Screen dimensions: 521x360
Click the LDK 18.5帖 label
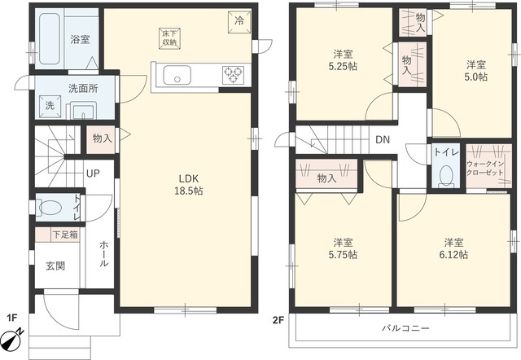189,185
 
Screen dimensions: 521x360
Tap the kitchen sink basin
177,75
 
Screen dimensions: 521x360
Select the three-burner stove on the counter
233,75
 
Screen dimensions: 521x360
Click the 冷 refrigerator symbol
239,22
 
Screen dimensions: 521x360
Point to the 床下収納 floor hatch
169,38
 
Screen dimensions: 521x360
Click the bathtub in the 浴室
50,38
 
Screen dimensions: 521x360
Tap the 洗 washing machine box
50,107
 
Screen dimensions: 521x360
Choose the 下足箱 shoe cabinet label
65,235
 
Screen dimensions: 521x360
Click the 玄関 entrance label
55,266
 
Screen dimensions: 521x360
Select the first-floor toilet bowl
50,208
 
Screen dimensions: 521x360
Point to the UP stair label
93,173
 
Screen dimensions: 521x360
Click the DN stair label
383,139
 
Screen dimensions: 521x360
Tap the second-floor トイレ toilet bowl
446,175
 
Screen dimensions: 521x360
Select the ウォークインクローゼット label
485,169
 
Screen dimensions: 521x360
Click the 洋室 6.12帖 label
454,248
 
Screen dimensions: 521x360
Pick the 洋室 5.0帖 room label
475,71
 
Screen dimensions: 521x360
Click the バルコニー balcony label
405,328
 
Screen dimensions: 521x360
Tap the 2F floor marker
278,320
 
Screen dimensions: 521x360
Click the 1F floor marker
12,318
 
